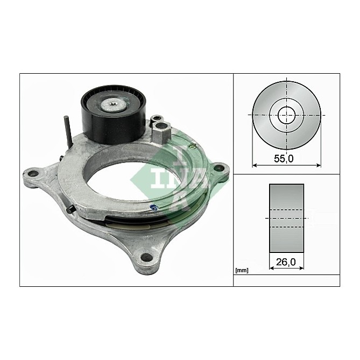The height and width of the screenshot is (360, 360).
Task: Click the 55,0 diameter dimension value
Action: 284,158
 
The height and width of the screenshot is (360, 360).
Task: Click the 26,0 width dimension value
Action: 286,262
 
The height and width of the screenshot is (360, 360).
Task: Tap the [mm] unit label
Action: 242,271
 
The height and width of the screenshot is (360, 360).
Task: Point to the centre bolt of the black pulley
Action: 114,105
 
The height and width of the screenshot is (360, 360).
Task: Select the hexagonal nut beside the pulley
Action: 161,132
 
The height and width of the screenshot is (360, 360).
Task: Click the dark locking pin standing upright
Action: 68,131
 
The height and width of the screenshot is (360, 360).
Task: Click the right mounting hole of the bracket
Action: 219,167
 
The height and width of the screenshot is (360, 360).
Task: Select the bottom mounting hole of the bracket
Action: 147,258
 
